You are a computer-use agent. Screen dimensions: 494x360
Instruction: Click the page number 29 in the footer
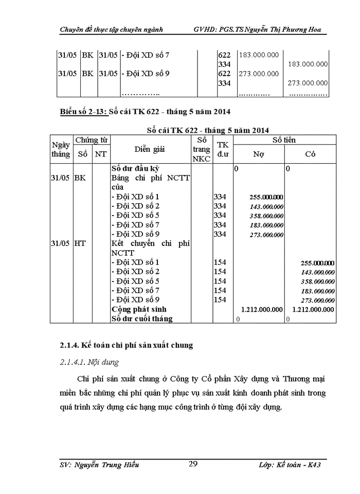click(x=193, y=464)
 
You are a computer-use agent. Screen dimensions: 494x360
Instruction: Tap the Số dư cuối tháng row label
click(x=142, y=319)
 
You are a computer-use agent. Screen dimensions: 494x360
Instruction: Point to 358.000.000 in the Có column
click(x=317, y=281)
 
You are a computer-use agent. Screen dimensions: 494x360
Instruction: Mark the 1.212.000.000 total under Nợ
click(x=262, y=309)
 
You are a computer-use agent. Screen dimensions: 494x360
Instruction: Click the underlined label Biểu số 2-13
click(x=82, y=112)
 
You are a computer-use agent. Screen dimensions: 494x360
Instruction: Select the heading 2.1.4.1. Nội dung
click(x=89, y=362)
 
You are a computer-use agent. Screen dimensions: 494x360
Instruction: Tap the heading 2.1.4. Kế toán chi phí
click(x=123, y=345)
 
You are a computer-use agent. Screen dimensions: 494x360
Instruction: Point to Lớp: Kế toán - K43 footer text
click(x=291, y=465)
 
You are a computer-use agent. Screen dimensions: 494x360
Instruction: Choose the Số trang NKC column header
click(x=202, y=149)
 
